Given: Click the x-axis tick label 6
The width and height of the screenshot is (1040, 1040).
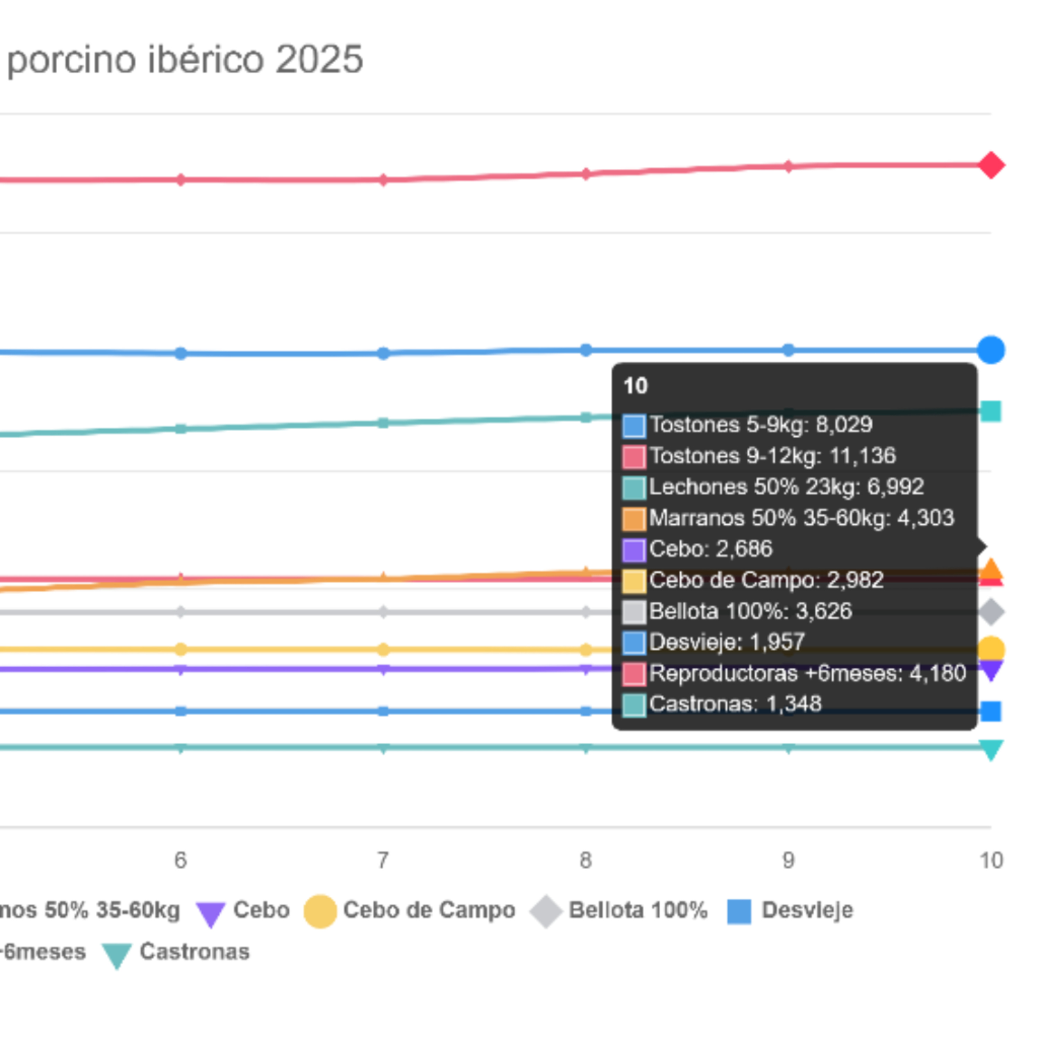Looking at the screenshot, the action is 180,860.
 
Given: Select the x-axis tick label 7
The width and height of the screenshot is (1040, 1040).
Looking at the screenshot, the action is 383,860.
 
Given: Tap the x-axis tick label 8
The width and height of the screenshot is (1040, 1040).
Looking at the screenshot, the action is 586,860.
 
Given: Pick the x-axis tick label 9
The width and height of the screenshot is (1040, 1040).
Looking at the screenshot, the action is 788,860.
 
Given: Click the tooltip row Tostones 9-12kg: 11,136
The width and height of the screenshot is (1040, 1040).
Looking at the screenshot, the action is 759,456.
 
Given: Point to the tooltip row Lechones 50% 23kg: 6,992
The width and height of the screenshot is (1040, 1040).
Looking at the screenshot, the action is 773,487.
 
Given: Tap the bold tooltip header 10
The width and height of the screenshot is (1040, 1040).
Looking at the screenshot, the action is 635,386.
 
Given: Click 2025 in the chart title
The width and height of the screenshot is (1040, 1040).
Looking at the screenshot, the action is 319,59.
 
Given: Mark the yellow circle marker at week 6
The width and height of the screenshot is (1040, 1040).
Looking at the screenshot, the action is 180,649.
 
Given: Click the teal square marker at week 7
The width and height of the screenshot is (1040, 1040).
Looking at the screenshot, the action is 383,423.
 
